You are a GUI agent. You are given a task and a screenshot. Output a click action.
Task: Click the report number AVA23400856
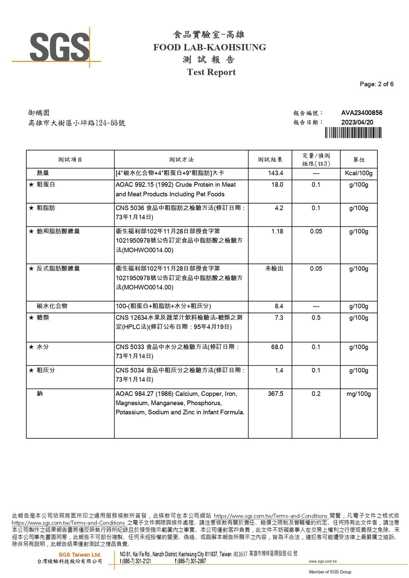coord(361,113)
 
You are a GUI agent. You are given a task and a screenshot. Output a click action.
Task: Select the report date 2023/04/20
coord(357,123)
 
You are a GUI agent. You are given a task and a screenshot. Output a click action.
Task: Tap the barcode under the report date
coord(353,133)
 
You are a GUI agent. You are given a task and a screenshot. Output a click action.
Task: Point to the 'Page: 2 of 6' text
coord(376,84)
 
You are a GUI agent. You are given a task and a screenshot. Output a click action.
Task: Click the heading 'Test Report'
coord(211,72)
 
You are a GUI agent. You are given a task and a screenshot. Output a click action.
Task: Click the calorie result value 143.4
coord(276,173)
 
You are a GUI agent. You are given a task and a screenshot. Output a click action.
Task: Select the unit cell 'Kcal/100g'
coord(359,173)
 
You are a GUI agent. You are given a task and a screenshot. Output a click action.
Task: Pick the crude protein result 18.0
coord(277,185)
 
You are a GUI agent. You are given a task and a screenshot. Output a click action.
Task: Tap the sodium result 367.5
coord(275,394)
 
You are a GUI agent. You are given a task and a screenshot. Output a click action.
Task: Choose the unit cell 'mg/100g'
coord(359,394)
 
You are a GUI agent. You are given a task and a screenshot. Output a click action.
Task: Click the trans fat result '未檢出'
coord(274,269)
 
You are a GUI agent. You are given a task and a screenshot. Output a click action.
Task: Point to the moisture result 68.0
coord(277,347)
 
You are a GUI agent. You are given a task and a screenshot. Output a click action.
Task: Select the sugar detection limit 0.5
coord(316,318)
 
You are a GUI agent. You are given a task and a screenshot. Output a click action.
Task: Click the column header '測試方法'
coord(181,160)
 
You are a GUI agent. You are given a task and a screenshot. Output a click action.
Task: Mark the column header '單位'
coord(359,160)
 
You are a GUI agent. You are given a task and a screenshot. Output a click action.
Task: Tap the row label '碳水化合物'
coord(52,306)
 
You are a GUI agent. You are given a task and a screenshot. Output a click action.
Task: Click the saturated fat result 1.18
coord(277,232)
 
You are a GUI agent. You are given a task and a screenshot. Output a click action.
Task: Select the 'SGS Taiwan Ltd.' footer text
coord(80,555)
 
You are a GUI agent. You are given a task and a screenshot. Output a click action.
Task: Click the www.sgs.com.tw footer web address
coord(322,562)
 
